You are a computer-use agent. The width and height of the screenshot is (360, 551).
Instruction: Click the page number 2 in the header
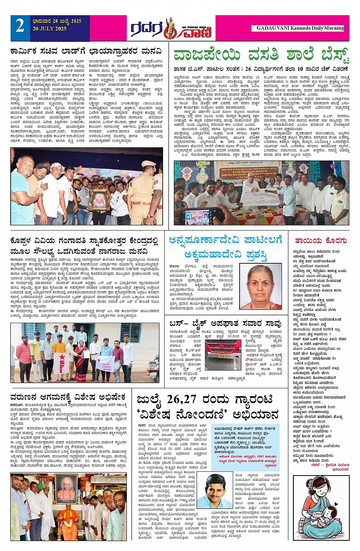click(20, 27)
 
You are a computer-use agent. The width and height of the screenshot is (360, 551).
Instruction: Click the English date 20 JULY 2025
click(50, 29)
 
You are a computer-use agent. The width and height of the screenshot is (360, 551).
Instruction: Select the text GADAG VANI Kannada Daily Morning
click(300, 28)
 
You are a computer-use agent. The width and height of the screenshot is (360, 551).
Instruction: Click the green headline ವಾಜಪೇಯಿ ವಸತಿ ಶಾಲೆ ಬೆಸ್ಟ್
click(261, 55)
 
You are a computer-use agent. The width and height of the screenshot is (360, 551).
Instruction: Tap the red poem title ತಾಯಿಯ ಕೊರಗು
click(320, 240)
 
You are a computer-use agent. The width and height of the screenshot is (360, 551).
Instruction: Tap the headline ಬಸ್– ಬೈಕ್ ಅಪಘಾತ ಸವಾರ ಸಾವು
click(225, 324)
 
